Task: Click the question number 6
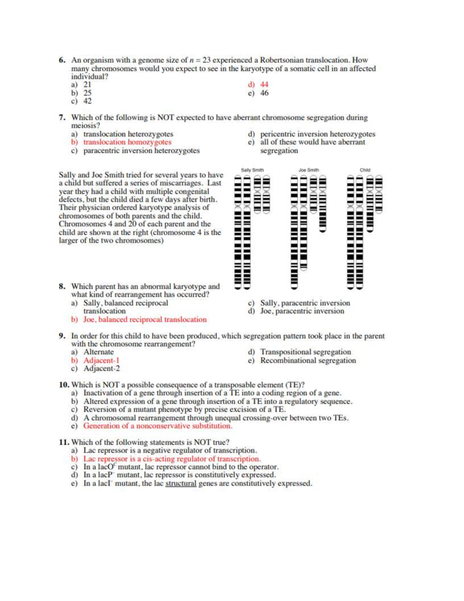[x=62, y=60]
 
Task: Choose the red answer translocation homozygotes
[x=127, y=142]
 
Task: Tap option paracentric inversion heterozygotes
[x=142, y=151]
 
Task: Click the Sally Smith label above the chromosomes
[x=252, y=170]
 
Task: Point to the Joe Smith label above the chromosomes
[x=309, y=170]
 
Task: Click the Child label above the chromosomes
[x=365, y=170]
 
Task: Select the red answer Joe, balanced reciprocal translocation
[x=145, y=320]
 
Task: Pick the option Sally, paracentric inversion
[x=305, y=303]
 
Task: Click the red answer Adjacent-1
[x=101, y=360]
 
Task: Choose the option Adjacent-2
[x=102, y=368]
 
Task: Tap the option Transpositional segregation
[x=305, y=352]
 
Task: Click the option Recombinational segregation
[x=308, y=360]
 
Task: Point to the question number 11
[x=64, y=442]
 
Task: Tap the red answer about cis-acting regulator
[x=172, y=459]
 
